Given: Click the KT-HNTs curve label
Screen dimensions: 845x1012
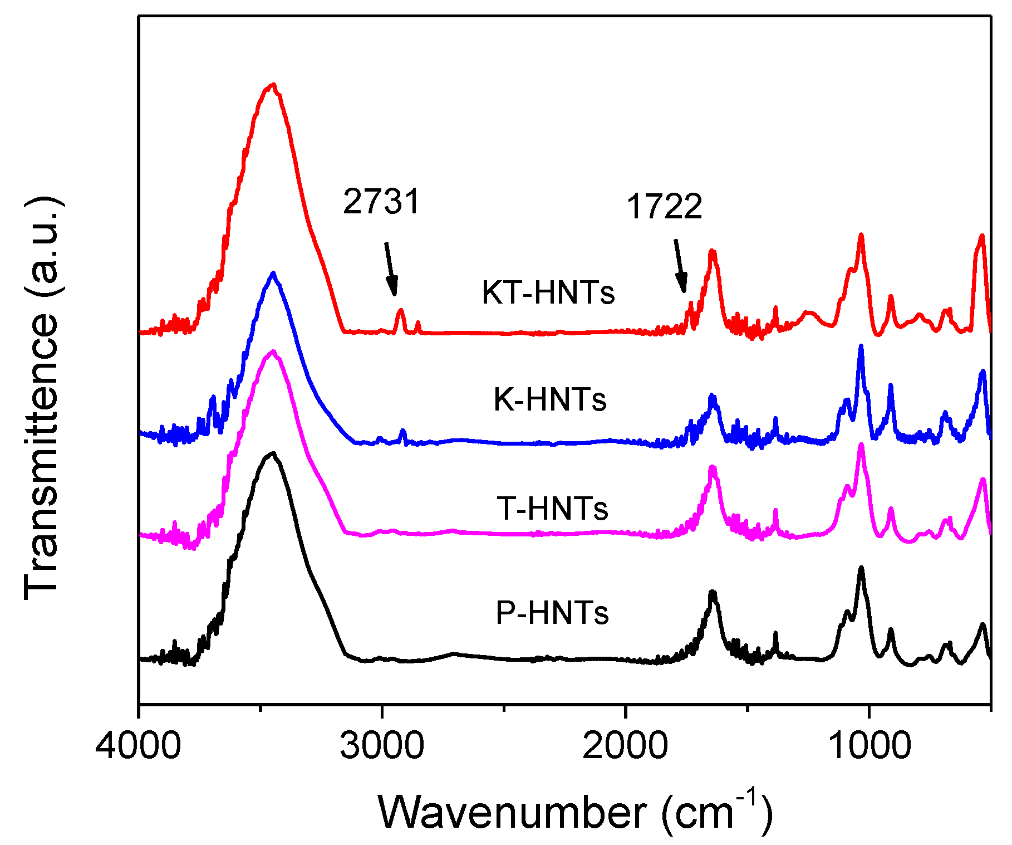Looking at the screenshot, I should tap(548, 292).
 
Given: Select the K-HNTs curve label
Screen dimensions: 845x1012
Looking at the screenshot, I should tap(550, 399).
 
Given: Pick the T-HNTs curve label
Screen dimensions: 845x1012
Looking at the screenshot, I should tap(553, 507).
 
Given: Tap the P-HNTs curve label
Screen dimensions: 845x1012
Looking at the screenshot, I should tap(552, 612).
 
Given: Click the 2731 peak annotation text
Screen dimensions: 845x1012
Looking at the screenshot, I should tap(381, 201).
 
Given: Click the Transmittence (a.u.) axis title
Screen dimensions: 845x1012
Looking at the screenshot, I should tap(42, 398).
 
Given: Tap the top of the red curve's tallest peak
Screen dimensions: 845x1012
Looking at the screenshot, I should tap(272, 85).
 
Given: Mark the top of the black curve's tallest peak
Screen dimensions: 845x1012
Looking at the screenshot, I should tap(273, 453).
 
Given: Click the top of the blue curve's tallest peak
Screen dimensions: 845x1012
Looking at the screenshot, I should tap(273, 273).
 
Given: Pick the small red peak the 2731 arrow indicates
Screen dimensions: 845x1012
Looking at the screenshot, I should tap(400, 311).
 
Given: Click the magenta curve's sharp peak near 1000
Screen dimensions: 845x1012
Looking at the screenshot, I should tap(861, 445).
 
